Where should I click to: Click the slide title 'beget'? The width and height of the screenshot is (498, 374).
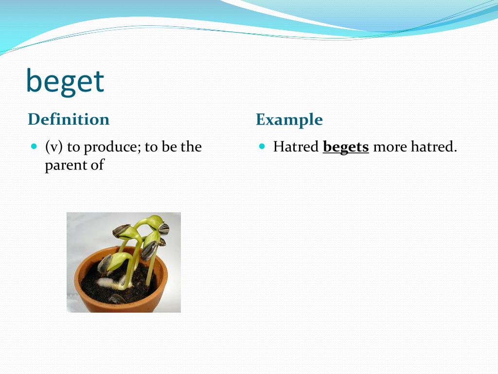[x=65, y=81]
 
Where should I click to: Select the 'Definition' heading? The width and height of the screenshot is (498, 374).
[x=69, y=119]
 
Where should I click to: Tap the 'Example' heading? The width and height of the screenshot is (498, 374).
[x=289, y=119]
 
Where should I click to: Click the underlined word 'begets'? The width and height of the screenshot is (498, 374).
[x=346, y=147]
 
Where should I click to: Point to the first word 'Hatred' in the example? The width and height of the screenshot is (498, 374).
[x=296, y=147]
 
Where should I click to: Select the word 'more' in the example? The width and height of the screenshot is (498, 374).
[x=390, y=147]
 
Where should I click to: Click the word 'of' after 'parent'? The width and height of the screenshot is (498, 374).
[x=97, y=165]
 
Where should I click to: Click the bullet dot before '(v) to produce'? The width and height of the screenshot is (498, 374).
[x=34, y=146]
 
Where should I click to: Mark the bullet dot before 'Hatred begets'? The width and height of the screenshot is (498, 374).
[x=262, y=146]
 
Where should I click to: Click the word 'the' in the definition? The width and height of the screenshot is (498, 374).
[x=191, y=147]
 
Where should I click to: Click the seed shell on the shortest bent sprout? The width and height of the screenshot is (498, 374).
[x=105, y=264]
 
